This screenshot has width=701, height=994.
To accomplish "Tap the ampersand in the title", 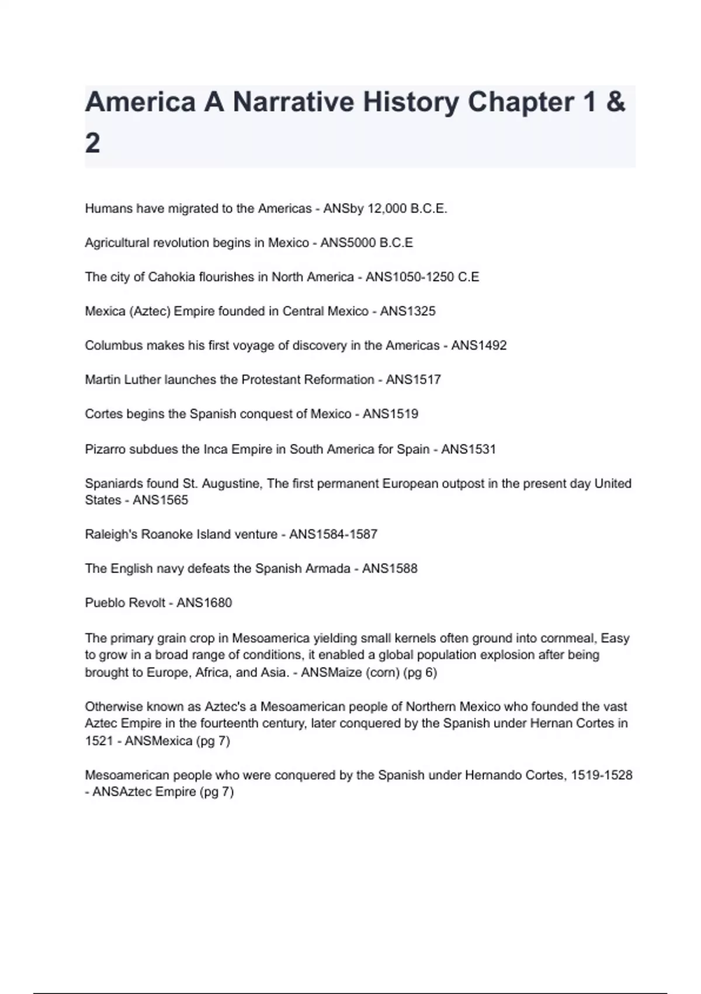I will (616, 102).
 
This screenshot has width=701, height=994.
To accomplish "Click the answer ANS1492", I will (478, 346).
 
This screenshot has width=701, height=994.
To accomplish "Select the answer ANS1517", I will (413, 379).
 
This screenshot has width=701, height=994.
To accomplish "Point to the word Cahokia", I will (169, 277).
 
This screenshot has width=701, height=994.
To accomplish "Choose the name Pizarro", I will (105, 449).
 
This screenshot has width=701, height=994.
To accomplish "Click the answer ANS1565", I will (160, 500).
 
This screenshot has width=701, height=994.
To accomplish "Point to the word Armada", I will (327, 568).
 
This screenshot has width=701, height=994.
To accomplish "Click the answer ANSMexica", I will (158, 741).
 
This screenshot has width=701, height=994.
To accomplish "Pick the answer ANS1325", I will (408, 311).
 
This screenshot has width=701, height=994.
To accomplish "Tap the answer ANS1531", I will (468, 449).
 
